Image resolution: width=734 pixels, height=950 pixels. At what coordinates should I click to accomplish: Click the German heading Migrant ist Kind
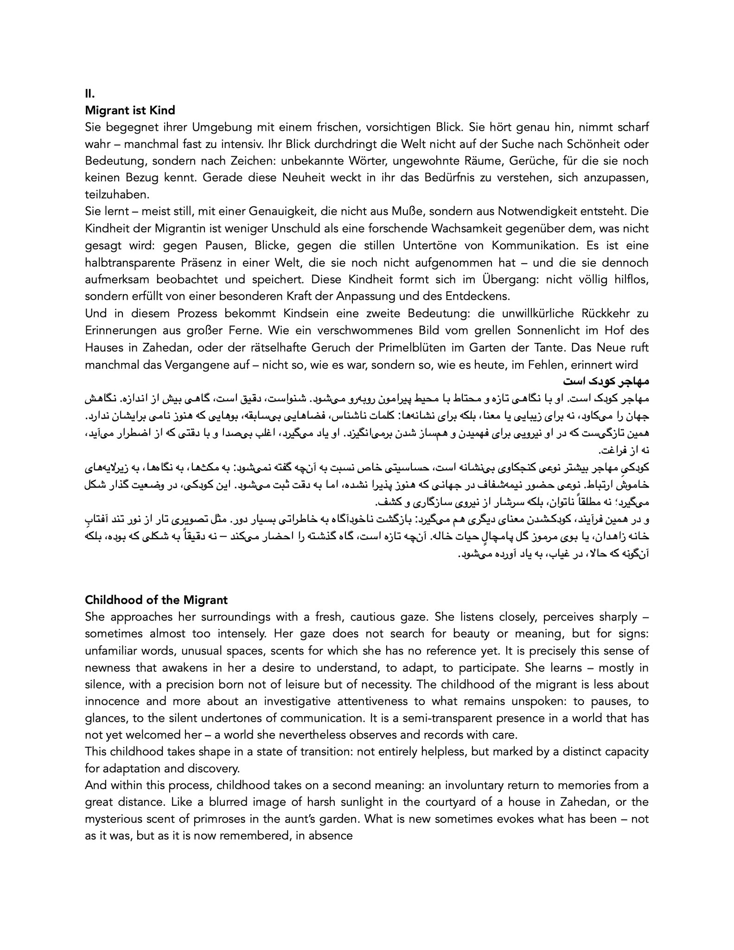click(x=130, y=110)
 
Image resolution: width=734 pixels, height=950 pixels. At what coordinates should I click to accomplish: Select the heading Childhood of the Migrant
click(x=156, y=600)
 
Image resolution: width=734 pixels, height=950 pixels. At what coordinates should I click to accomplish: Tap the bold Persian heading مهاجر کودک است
click(x=606, y=381)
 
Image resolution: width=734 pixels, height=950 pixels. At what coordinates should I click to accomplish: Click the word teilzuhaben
click(x=114, y=195)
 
